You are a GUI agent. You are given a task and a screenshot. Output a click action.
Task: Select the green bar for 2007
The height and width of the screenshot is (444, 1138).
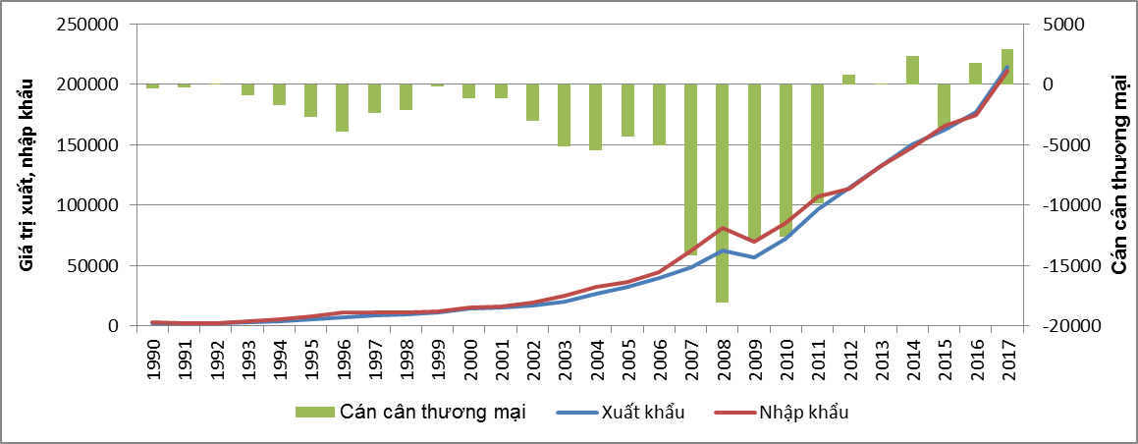(x=691, y=169)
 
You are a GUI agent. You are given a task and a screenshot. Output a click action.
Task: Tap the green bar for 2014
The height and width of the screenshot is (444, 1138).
(x=912, y=70)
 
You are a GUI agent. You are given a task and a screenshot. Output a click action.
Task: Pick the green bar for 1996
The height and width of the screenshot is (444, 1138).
(x=342, y=108)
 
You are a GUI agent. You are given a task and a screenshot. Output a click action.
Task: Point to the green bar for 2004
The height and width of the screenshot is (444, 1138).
(x=595, y=117)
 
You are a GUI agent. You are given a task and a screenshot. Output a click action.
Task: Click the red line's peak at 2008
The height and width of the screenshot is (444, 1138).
(x=723, y=228)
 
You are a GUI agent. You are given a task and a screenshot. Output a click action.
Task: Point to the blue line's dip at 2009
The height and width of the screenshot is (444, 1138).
(x=754, y=257)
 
